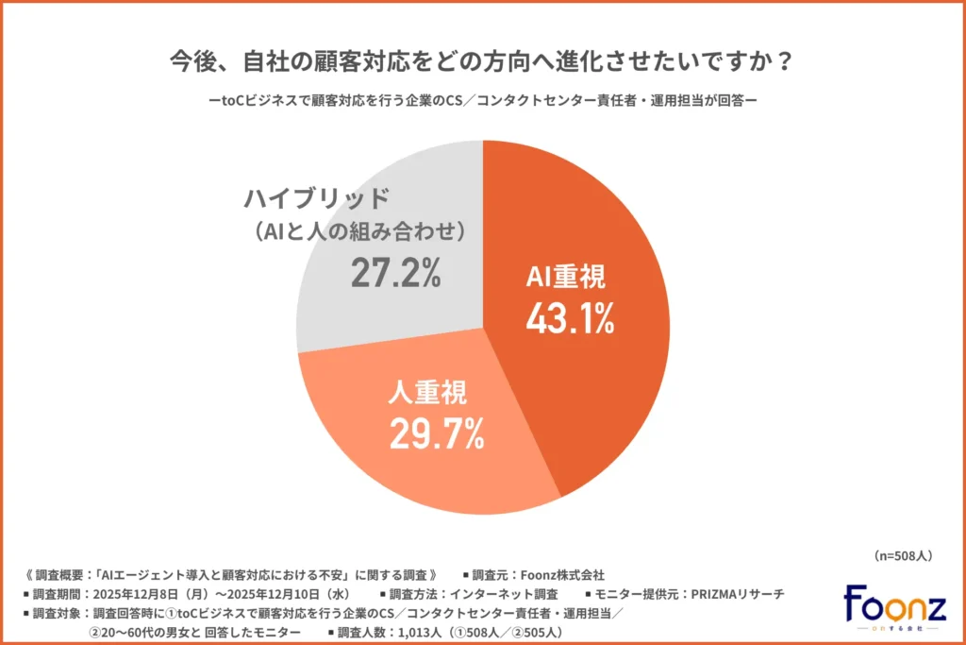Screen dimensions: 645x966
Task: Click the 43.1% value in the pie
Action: pyautogui.click(x=570, y=318)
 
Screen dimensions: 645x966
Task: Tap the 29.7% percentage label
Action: pyautogui.click(x=437, y=433)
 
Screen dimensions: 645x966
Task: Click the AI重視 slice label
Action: pyautogui.click(x=570, y=278)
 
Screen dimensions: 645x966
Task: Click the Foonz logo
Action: pyautogui.click(x=893, y=606)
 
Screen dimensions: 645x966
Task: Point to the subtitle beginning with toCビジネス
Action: pyautogui.click(x=482, y=101)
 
